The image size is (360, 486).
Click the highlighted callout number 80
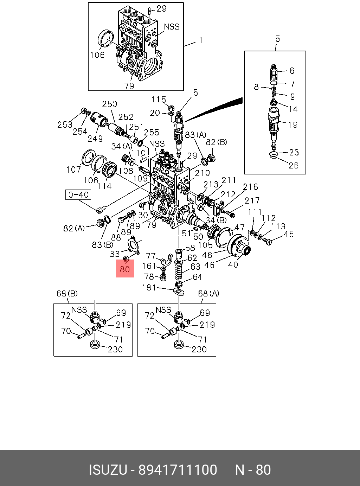click(125, 269)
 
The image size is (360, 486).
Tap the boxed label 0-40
click(78, 194)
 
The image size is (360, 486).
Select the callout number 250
click(109, 104)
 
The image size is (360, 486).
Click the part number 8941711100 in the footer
click(178, 470)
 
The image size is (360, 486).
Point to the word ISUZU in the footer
click(107, 470)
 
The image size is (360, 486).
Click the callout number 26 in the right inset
click(294, 165)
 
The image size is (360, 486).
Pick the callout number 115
click(159, 100)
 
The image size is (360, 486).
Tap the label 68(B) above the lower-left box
click(67, 293)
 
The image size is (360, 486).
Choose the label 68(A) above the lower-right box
click(208, 293)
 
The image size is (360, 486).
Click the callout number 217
click(252, 201)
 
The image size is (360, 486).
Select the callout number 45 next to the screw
click(288, 234)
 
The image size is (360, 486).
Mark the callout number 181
click(149, 288)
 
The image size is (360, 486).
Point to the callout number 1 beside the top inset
click(201, 41)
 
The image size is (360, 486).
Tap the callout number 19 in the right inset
click(292, 124)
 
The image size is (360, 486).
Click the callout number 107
click(73, 170)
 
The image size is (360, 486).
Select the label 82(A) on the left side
click(74, 228)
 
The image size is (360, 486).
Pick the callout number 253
click(65, 124)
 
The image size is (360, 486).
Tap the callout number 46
click(210, 265)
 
